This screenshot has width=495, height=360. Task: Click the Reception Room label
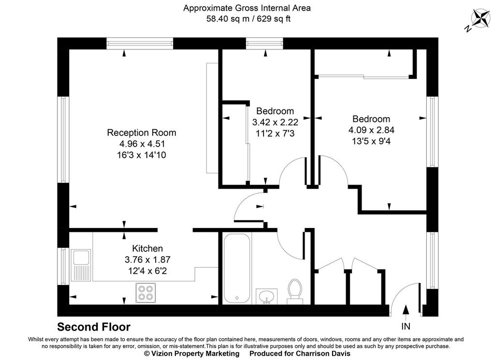[x=141, y=133]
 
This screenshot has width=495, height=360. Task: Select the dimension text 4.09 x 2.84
[x=371, y=130]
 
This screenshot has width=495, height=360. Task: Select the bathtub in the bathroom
[x=237, y=268]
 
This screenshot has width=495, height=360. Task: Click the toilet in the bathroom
[x=294, y=292]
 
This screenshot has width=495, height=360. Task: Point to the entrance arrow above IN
[x=406, y=309]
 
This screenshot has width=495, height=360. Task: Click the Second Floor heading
[x=94, y=327]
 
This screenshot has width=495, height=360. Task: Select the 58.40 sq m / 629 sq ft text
[x=247, y=19]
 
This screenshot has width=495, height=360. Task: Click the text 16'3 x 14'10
[x=142, y=155]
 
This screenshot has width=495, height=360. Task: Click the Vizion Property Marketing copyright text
[x=192, y=354]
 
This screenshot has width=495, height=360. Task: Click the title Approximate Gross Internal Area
[x=247, y=8]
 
